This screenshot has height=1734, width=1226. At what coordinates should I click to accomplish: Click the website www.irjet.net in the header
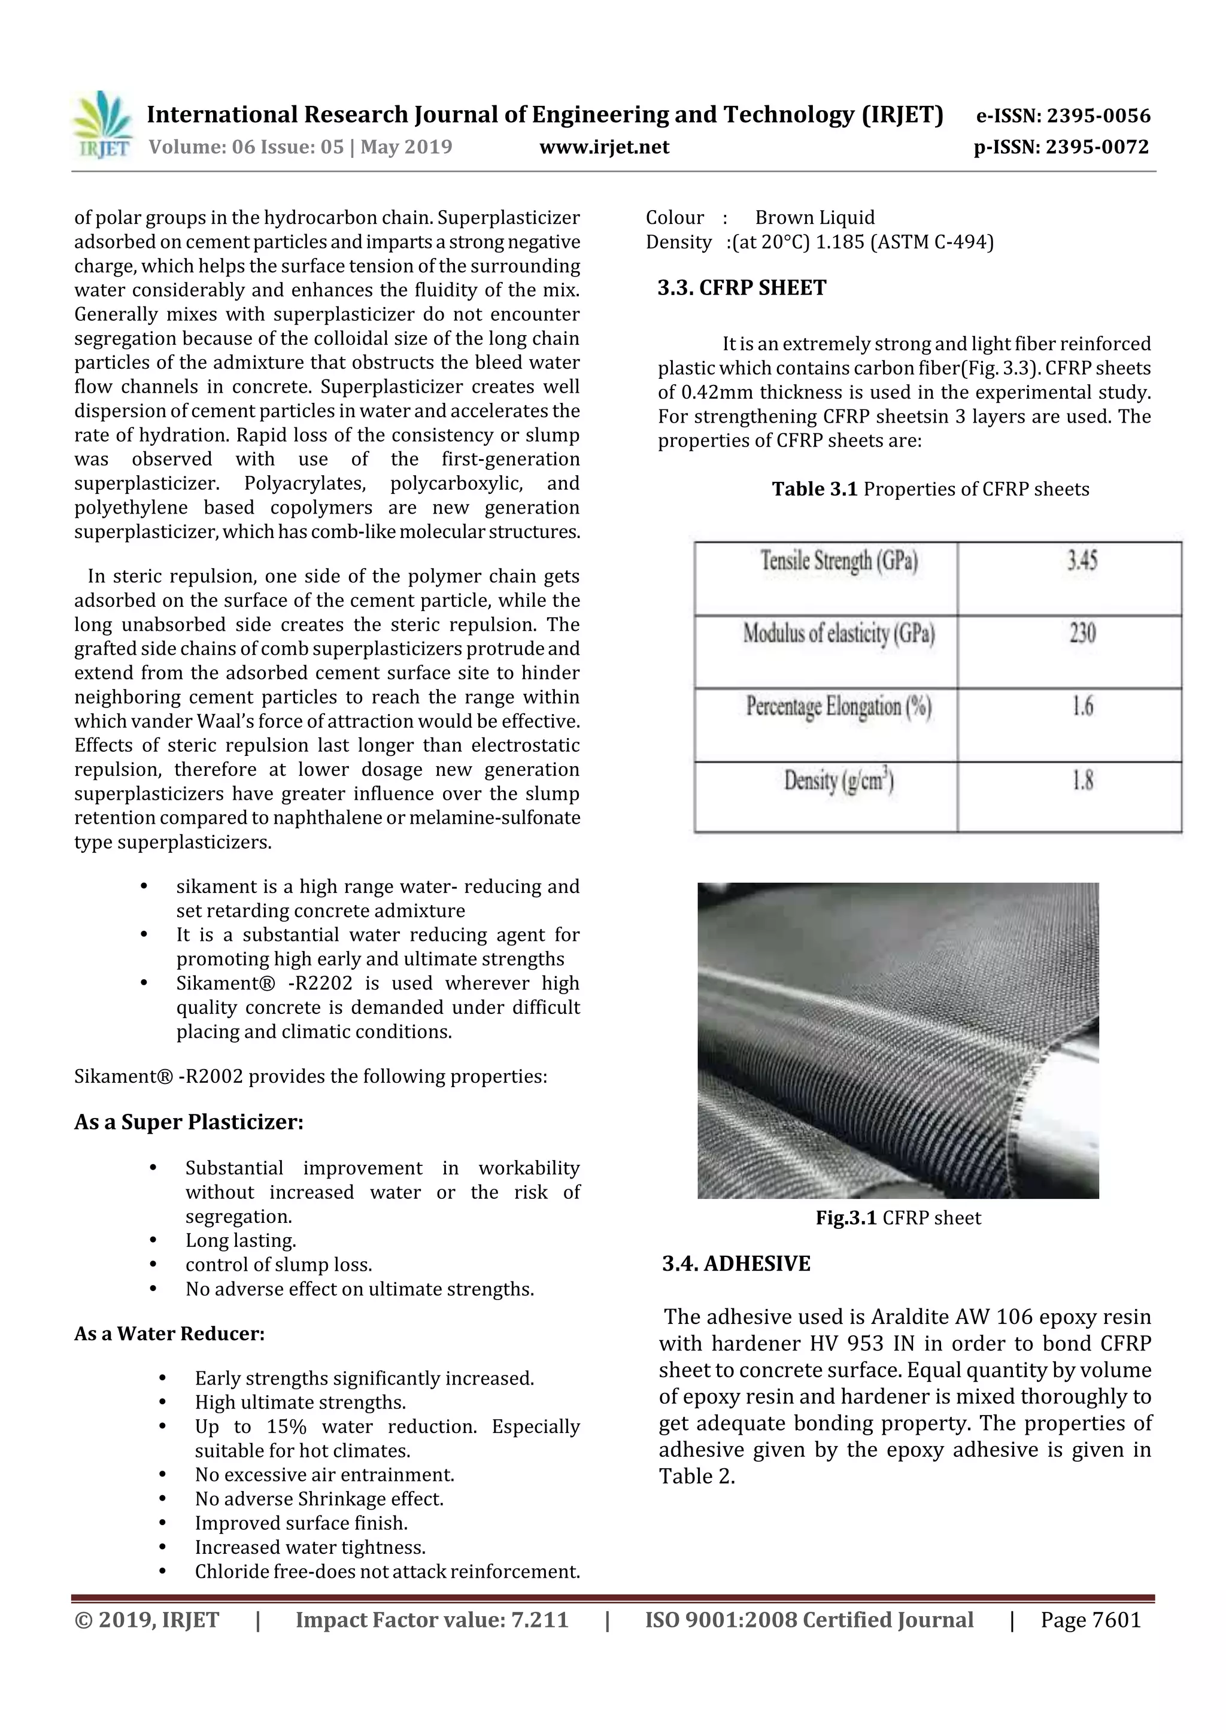pyautogui.click(x=603, y=147)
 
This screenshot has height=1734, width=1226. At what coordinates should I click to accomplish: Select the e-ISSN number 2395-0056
pyautogui.click(x=1098, y=116)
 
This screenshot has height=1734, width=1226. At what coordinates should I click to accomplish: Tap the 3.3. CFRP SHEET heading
pyautogui.click(x=742, y=288)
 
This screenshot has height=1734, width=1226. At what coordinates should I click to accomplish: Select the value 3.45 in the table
pyautogui.click(x=1081, y=560)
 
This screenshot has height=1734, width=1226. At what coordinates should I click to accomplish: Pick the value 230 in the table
pyautogui.click(x=1082, y=633)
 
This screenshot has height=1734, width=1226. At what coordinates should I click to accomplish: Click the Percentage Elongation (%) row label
pyautogui.click(x=839, y=707)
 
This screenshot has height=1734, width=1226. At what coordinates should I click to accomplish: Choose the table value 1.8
pyautogui.click(x=1082, y=780)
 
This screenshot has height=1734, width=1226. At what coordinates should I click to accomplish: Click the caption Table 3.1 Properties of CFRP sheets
pyautogui.click(x=930, y=490)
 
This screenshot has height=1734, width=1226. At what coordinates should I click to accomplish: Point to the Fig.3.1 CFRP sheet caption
pyautogui.click(x=898, y=1218)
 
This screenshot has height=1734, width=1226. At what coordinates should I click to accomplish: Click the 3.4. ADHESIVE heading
pyautogui.click(x=736, y=1264)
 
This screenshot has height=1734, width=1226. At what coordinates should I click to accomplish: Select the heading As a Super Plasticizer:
pyautogui.click(x=189, y=1122)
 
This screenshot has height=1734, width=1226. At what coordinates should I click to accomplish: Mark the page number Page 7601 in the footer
pyautogui.click(x=1090, y=1620)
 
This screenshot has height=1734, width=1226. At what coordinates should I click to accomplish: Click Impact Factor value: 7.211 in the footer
pyautogui.click(x=432, y=1620)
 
